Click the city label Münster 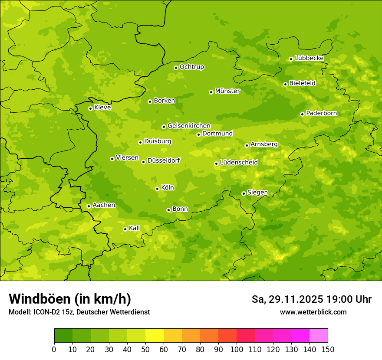[227, 91]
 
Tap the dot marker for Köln [157, 189]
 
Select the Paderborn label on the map [321, 113]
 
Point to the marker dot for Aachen [89, 206]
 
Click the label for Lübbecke [309, 58]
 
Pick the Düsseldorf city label [163, 160]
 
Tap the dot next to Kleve [90, 108]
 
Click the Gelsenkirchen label [189, 126]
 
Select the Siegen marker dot [244, 193]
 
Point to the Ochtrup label [191, 67]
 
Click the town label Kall [134, 228]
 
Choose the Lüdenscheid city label [239, 163]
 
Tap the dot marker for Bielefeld [285, 84]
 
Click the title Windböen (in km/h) [70, 299]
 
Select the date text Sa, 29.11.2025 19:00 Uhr [311, 299]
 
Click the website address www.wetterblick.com [313, 312]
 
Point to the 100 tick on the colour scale [237, 349]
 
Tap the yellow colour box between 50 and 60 [155, 336]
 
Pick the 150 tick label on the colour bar [327, 349]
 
